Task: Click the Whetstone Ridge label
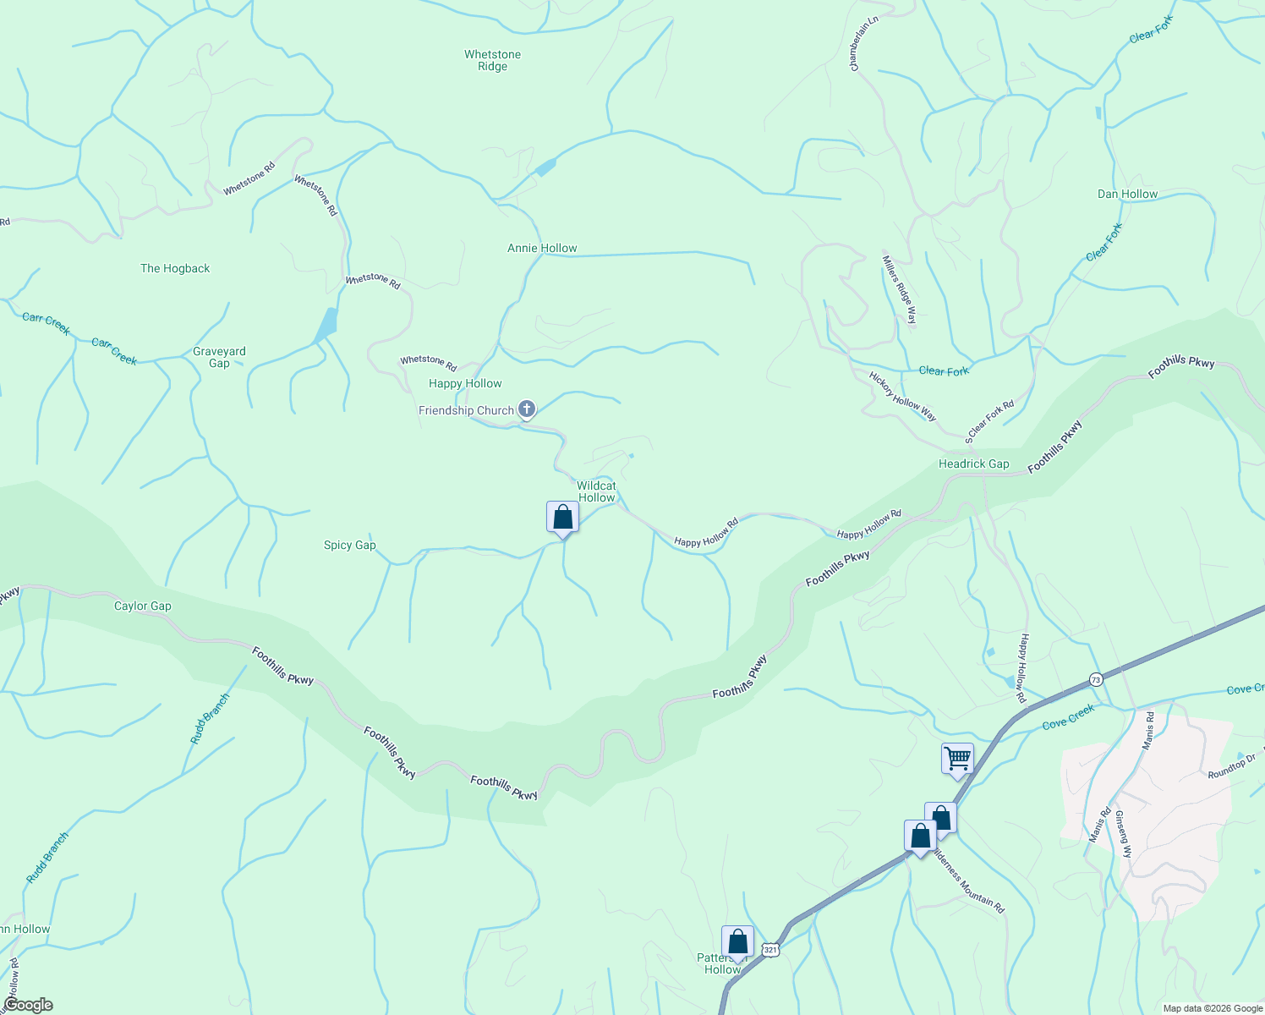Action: (x=492, y=60)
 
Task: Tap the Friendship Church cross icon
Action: (x=527, y=410)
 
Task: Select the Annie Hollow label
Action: (x=542, y=248)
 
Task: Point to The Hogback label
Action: (x=175, y=268)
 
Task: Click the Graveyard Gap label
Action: (x=219, y=357)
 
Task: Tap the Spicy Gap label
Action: (x=349, y=545)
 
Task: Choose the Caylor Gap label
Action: (x=143, y=606)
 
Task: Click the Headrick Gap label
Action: (x=973, y=464)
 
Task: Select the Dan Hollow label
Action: (x=1127, y=194)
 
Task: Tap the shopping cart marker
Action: (x=957, y=759)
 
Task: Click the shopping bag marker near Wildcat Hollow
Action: (x=562, y=518)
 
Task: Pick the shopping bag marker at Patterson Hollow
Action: (x=737, y=941)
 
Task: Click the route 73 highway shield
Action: (x=1096, y=679)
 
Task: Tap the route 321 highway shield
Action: (x=769, y=950)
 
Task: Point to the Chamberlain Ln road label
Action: (x=864, y=43)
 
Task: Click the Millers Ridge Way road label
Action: (x=900, y=290)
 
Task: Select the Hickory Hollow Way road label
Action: (x=903, y=396)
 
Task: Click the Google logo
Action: (x=28, y=1005)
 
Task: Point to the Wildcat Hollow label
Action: (x=596, y=491)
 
